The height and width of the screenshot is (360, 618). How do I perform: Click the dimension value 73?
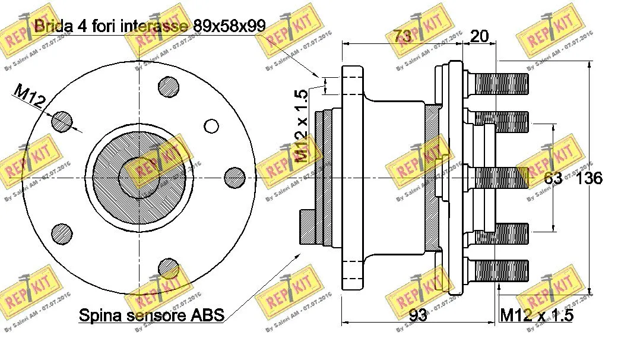point(403,36)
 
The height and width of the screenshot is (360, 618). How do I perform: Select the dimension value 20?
point(479,36)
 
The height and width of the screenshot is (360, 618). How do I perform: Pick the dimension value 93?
point(418,315)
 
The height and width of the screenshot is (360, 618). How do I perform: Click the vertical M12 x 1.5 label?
point(302,127)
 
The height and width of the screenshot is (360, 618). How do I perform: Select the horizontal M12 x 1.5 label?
point(536,315)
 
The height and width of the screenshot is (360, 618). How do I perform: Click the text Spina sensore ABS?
point(151,315)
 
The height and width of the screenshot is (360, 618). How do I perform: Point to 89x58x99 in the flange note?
point(229,25)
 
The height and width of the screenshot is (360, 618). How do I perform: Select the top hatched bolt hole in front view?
point(169,88)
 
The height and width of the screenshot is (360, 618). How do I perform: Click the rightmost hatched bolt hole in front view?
point(235,177)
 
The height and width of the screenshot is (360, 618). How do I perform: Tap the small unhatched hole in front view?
point(211,125)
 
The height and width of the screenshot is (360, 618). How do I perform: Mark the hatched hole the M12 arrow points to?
point(61,121)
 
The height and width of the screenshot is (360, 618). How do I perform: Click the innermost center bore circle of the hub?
point(139,177)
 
